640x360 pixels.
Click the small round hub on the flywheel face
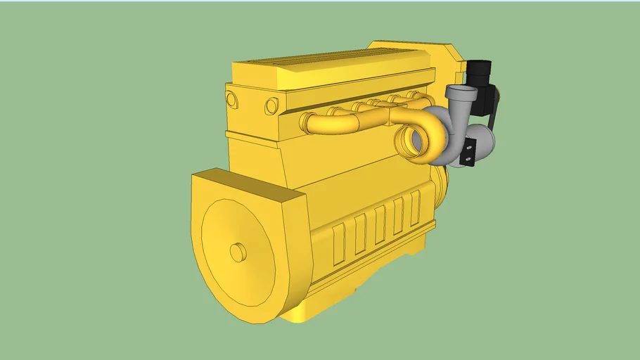tap(238, 251)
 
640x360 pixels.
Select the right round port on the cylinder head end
tap(271, 106)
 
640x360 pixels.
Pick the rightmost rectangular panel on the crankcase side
tap(415, 208)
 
